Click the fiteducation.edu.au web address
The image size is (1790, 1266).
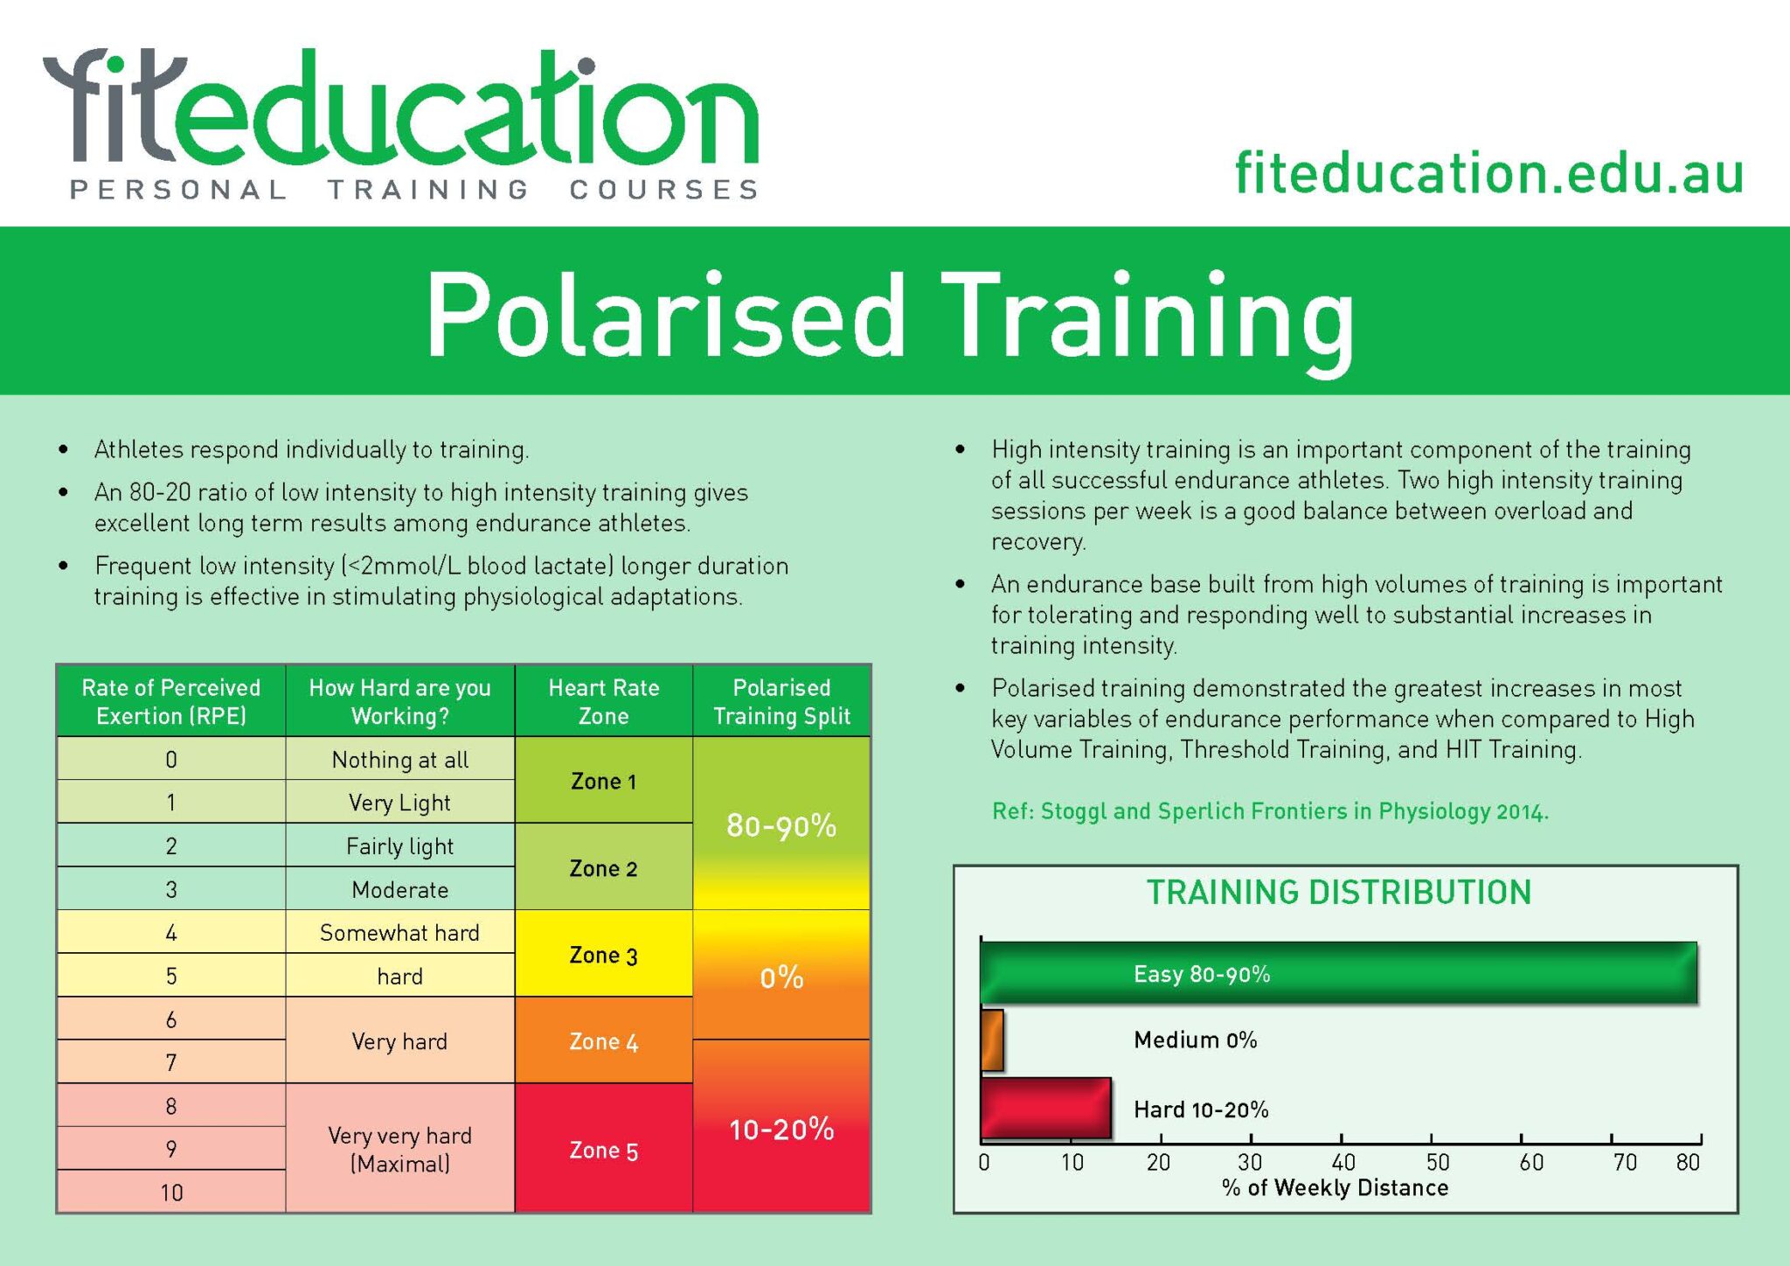1489,172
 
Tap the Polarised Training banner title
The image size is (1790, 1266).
890,316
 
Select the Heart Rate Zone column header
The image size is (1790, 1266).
604,701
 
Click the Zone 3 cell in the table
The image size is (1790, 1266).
604,954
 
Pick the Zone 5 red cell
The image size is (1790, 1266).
604,1149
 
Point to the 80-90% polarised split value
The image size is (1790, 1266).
781,825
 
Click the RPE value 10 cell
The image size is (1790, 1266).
171,1192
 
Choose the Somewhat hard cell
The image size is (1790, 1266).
400,932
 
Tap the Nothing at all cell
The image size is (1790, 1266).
400,759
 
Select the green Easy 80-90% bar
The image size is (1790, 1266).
1339,972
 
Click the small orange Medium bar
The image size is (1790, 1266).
992,1040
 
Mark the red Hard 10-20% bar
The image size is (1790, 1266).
1045,1108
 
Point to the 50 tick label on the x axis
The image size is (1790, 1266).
1438,1162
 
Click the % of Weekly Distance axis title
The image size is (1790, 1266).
1336,1187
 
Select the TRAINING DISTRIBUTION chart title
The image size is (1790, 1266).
1339,893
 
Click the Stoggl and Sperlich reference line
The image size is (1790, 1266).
1270,811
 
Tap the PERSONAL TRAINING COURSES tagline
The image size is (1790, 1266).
414,190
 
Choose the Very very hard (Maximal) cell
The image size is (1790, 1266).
400,1149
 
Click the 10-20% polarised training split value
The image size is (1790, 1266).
781,1130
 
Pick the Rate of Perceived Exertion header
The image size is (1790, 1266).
171,701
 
